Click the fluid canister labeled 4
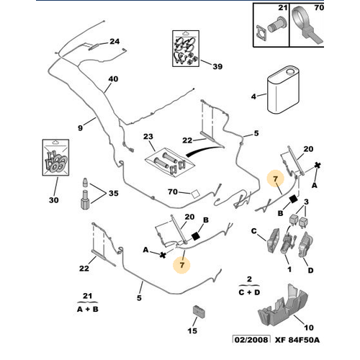pos(283,91)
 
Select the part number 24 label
pos(114,42)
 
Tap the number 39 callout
pos(217,66)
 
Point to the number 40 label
pos(113,79)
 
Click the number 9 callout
pos(81,128)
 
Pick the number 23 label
pos(148,137)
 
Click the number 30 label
pos(54,200)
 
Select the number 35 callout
pos(114,193)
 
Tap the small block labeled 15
pos(199,311)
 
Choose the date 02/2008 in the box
pos(251,340)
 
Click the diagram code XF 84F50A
pos(297,340)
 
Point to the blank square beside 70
pos(195,194)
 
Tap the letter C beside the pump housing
pos(253,231)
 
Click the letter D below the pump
pos(310,271)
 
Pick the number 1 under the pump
pos(289,269)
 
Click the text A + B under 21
pos(88,309)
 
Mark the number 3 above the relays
pos(306,202)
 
